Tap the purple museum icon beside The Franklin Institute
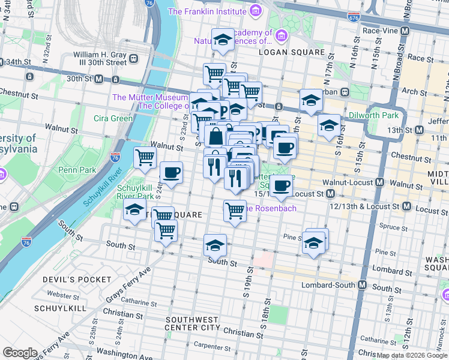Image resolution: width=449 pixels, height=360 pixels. (x=256, y=11)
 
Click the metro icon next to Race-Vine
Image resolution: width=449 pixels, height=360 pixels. (x=405, y=30)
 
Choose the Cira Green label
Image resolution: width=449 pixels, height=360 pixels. (x=113, y=118)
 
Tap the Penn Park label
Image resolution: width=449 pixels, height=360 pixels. (x=77, y=170)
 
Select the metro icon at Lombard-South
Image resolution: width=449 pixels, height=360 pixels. (x=362, y=285)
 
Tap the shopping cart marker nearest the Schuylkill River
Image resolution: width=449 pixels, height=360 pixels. (x=145, y=158)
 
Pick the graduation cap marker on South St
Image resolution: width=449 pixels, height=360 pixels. (x=215, y=245)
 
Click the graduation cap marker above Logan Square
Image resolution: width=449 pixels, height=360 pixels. (x=223, y=41)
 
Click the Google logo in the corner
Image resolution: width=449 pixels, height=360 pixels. (x=20, y=353)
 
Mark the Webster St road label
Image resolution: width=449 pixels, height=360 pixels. (x=64, y=295)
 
